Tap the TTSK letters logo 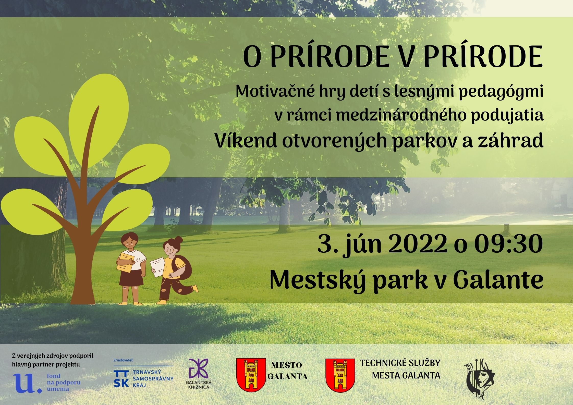121,379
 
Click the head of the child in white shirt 130,242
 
